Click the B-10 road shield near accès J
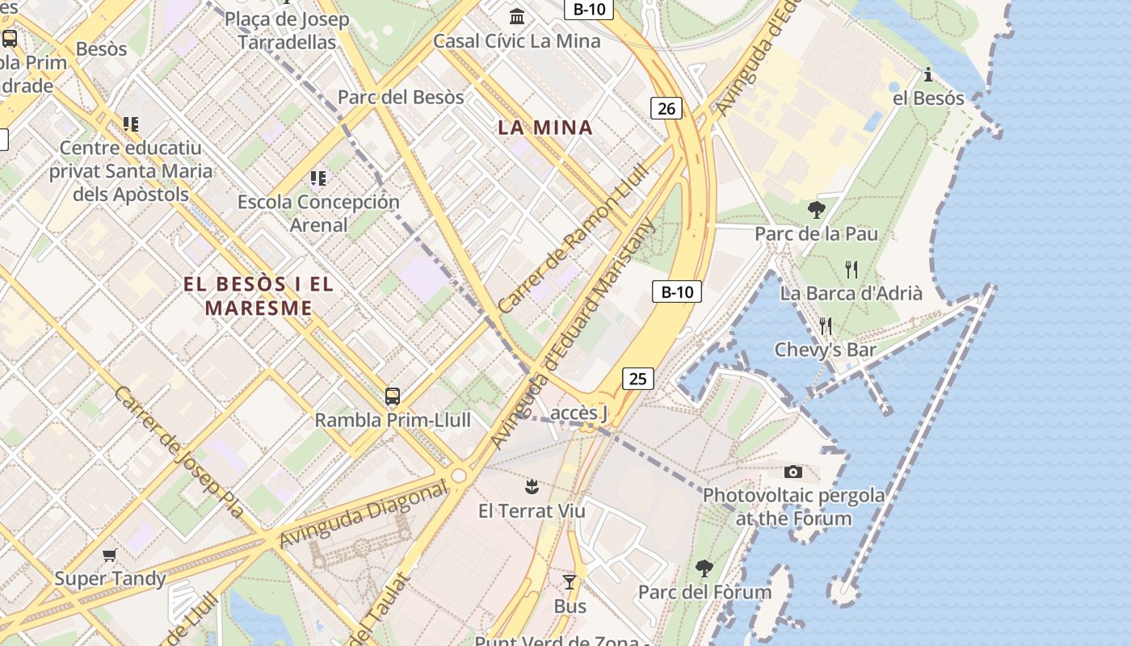click(x=677, y=292)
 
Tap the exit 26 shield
click(x=666, y=108)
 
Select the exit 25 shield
click(x=638, y=378)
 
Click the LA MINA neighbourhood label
click(x=545, y=127)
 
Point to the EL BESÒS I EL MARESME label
click(x=259, y=296)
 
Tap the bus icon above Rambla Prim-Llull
click(x=393, y=396)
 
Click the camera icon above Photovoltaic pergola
click(x=793, y=472)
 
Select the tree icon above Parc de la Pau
click(x=816, y=210)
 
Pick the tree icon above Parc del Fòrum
click(x=704, y=568)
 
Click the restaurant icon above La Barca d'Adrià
click(x=851, y=269)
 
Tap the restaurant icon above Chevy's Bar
click(x=825, y=325)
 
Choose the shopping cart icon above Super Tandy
click(x=110, y=555)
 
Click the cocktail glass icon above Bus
click(x=570, y=582)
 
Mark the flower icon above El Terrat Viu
click(x=532, y=486)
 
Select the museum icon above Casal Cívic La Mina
click(x=517, y=16)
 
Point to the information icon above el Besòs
click(x=928, y=75)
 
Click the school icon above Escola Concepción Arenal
click(x=318, y=178)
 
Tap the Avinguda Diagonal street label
click(x=363, y=514)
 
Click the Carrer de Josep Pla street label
click(x=179, y=451)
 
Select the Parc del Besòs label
click(x=401, y=97)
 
